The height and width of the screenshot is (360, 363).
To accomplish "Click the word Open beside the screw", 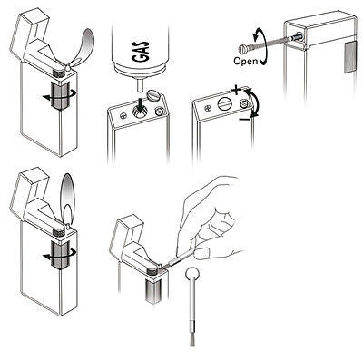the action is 245,61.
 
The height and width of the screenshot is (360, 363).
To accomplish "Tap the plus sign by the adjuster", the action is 237,90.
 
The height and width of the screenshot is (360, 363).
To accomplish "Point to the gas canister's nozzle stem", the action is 140,85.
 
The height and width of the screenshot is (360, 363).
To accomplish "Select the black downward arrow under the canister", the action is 140,106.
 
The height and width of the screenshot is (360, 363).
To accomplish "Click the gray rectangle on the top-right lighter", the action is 350,58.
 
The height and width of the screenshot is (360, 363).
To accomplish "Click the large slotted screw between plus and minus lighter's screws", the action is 225,104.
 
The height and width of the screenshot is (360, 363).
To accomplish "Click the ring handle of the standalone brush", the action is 191,274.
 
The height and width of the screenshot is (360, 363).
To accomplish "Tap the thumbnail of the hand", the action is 202,253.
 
